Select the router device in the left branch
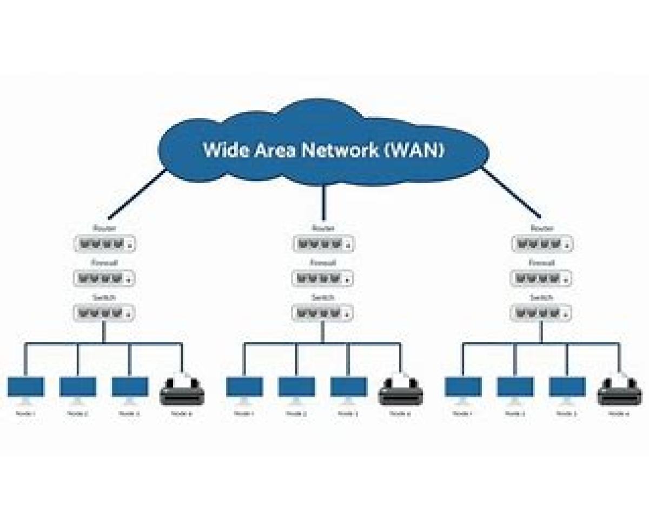(x=104, y=244)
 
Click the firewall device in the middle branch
(x=323, y=279)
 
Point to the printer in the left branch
(x=182, y=389)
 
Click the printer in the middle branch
(x=401, y=389)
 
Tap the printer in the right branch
(x=620, y=389)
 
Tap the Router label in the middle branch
(x=323, y=228)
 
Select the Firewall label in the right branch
(x=542, y=263)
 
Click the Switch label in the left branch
(x=104, y=298)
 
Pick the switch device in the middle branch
(x=323, y=313)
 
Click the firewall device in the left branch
(x=104, y=279)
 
